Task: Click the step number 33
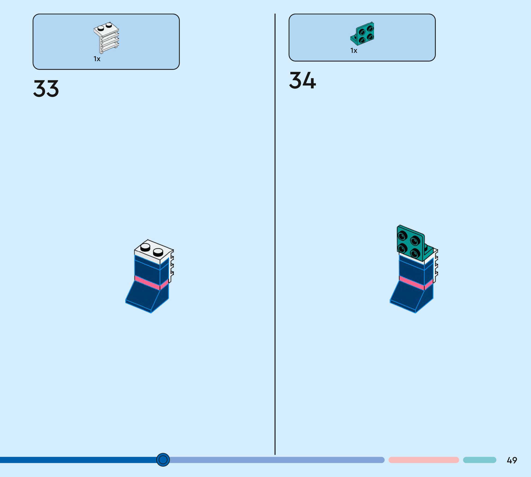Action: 46,88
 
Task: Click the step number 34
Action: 303,80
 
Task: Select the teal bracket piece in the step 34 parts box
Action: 363,33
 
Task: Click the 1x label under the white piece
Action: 97,59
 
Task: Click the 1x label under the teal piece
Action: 354,51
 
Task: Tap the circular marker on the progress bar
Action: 163,460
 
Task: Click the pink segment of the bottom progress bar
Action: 423,460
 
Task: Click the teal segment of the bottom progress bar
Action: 479,460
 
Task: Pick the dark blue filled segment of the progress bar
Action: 79,460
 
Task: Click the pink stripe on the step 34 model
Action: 412,282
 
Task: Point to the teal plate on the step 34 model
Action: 410,243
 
